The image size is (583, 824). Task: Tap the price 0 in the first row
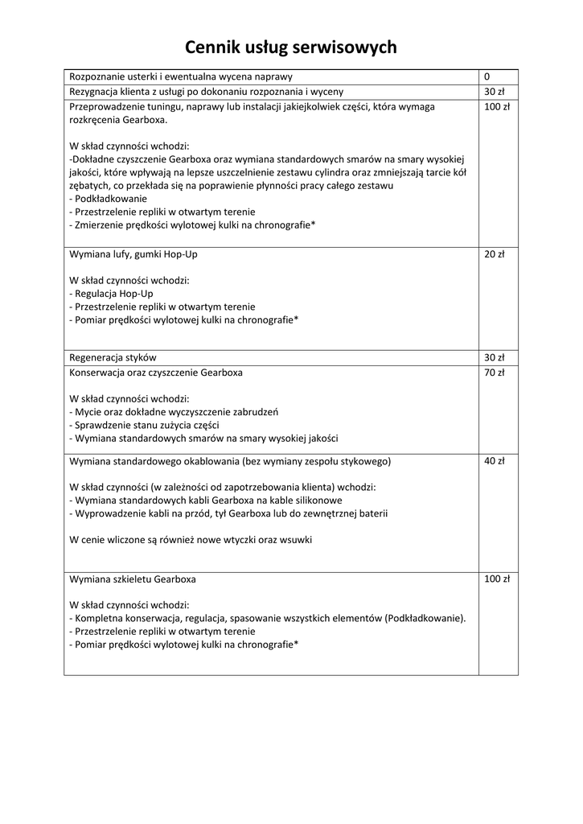487,76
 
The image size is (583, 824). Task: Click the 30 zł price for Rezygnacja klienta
494,92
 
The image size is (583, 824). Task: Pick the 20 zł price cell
494,254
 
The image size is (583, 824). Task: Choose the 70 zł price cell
494,373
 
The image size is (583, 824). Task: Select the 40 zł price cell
494,462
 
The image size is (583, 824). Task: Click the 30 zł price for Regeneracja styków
494,357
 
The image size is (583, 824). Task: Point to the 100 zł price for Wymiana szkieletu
497,579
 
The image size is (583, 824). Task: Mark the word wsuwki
294,540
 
